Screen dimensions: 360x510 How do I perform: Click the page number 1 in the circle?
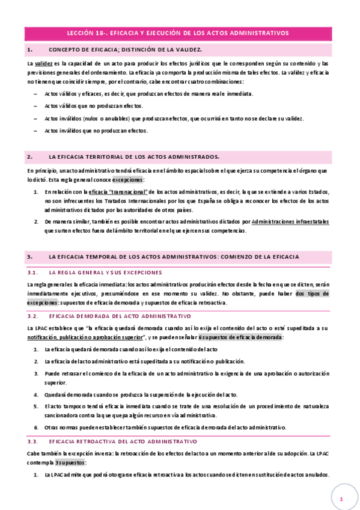[x=340, y=500]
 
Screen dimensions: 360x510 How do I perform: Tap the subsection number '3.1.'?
[x=33, y=272]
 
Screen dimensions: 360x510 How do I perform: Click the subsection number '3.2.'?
[x=33, y=316]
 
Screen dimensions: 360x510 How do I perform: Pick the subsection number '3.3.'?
[x=33, y=441]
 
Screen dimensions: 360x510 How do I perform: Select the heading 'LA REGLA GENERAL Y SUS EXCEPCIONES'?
[x=105, y=272]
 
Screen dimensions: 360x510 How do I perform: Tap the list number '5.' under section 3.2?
[x=37, y=407]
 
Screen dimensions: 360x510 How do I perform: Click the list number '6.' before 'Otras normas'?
[x=37, y=428]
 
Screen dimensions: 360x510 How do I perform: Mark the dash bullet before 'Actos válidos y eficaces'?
[x=37, y=94]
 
